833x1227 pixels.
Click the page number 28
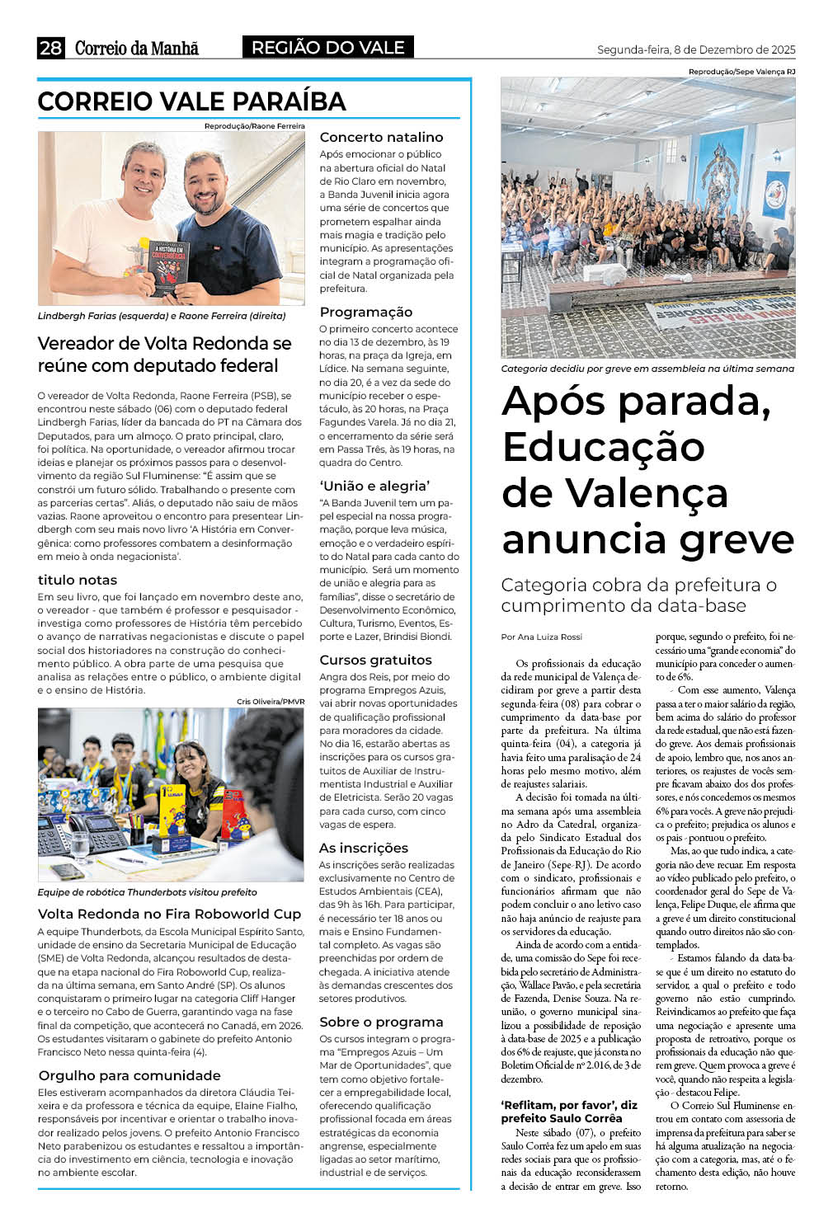pos(50,48)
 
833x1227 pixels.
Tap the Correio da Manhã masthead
pos(137,48)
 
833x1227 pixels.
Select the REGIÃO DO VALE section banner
pos(327,48)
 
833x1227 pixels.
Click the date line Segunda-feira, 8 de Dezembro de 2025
pos(695,49)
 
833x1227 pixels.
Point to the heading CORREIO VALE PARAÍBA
pos(191,101)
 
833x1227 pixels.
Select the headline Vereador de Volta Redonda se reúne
pos(164,354)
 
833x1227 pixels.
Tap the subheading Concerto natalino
pos(381,137)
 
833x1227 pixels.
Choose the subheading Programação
pos(365,312)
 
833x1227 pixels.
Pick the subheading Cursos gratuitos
pos(375,660)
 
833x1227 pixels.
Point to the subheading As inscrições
pos(363,848)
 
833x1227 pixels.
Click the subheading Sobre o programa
pos(381,1022)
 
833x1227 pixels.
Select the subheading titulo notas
pos(78,580)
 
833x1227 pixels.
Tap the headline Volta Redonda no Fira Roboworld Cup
pos(169,914)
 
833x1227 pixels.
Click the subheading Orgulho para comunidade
pos(129,1075)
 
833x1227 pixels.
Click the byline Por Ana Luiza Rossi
pos(541,637)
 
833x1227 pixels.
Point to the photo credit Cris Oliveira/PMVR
pos(271,702)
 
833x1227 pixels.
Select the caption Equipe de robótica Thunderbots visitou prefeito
pos(147,892)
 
